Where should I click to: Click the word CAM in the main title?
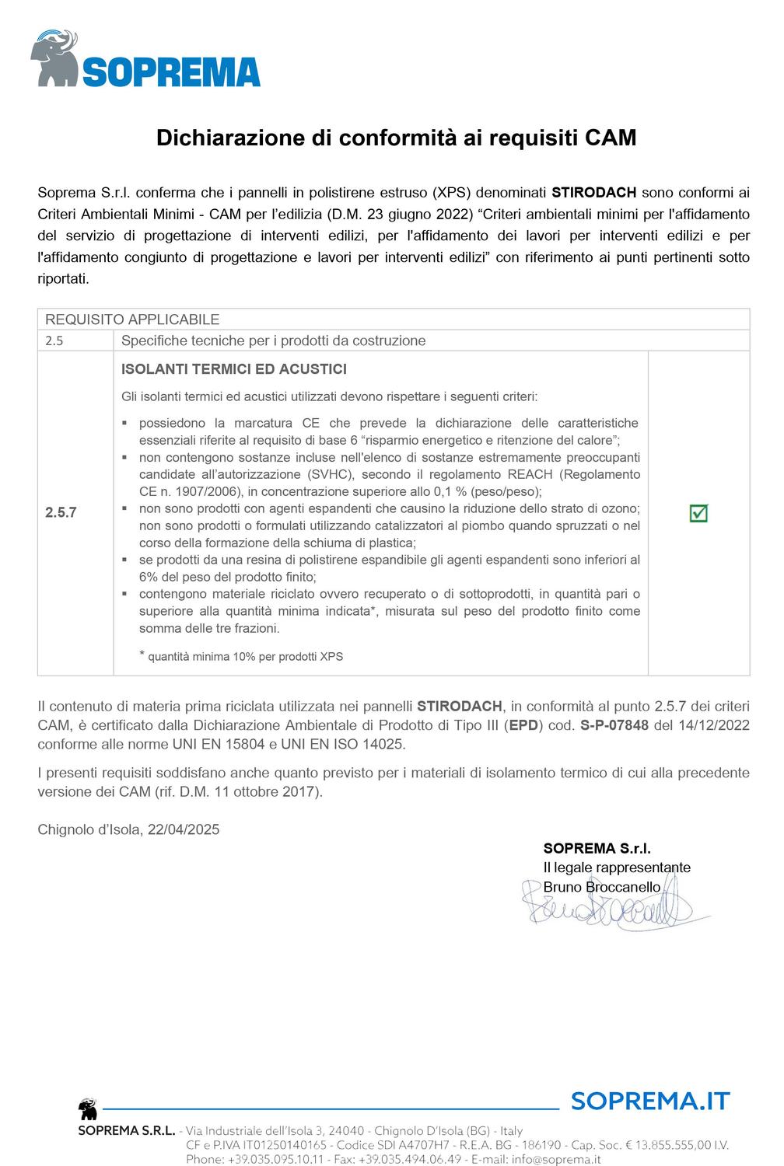tap(610, 138)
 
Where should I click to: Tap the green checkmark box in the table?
tap(698, 513)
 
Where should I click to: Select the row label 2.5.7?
tap(61, 513)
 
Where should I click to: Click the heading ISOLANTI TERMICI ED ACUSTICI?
tap(234, 369)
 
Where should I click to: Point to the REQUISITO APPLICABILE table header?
tap(132, 319)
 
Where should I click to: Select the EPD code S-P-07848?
tap(614, 725)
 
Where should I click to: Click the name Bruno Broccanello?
tap(602, 887)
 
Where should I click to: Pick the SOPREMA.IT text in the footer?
tap(650, 1101)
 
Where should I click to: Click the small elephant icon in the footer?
tap(87, 1109)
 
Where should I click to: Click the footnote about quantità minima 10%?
tap(245, 656)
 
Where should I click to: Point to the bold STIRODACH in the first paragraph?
tap(594, 192)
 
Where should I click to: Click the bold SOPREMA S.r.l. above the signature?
tap(597, 848)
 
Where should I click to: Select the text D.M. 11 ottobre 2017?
tap(255, 792)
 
